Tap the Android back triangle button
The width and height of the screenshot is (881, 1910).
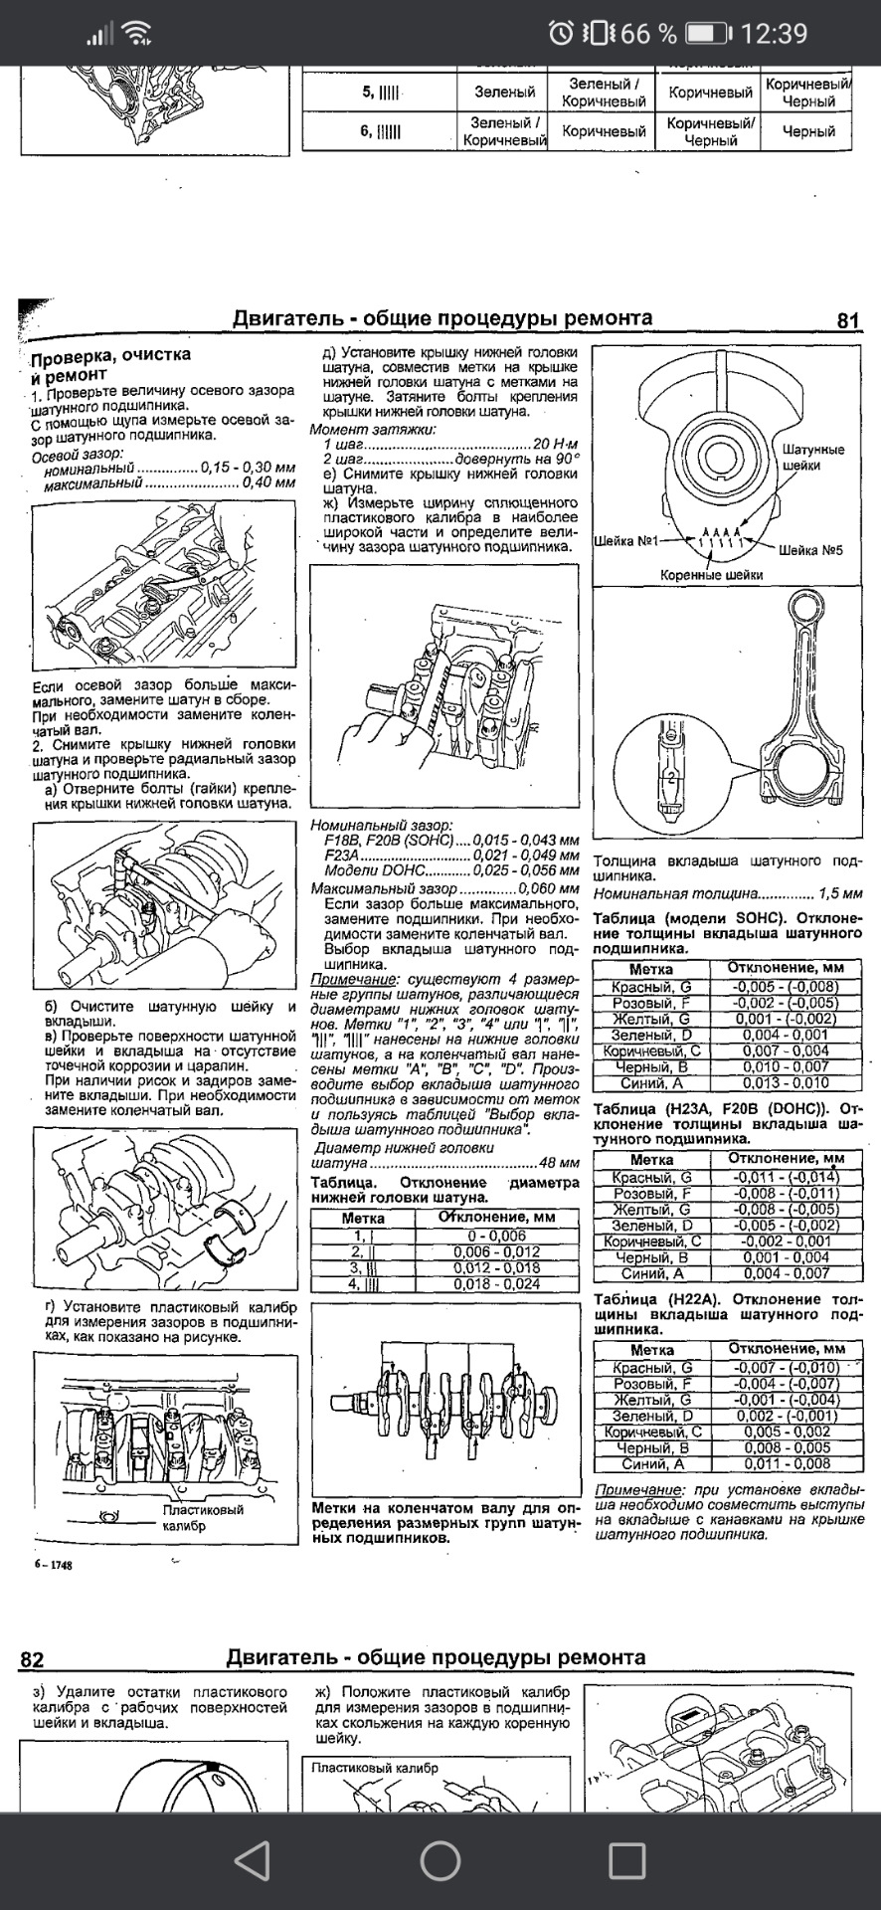pyautogui.click(x=253, y=1859)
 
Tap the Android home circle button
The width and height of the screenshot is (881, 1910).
pyautogui.click(x=440, y=1859)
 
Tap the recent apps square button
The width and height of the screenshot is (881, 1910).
pyautogui.click(x=626, y=1859)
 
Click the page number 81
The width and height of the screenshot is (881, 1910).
pyautogui.click(x=847, y=320)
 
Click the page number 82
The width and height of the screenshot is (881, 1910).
pyautogui.click(x=32, y=1659)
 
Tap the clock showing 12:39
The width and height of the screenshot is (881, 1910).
pyautogui.click(x=774, y=34)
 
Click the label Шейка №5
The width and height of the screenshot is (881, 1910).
pyautogui.click(x=810, y=550)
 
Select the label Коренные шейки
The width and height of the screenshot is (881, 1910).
pyautogui.click(x=711, y=575)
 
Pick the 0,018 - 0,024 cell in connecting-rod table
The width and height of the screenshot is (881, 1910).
pyautogui.click(x=496, y=1284)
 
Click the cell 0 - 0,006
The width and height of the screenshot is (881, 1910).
pyautogui.click(x=496, y=1236)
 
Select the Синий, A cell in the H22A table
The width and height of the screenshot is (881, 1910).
pyautogui.click(x=651, y=1464)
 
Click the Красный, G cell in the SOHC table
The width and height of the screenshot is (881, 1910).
pyautogui.click(x=651, y=987)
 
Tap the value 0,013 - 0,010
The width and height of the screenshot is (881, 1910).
pyautogui.click(x=784, y=1083)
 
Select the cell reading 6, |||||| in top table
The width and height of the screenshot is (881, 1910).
pyautogui.click(x=380, y=131)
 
